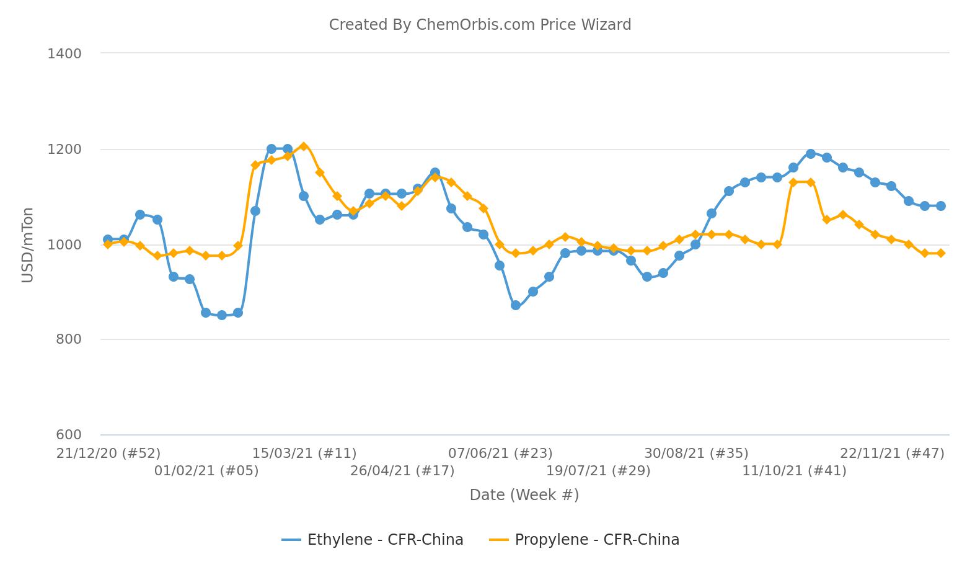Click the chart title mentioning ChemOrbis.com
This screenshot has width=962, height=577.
(x=480, y=25)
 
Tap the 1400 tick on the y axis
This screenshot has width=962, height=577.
(x=64, y=54)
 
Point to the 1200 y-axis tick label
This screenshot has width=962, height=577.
(x=64, y=150)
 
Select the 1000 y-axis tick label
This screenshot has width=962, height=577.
(x=64, y=245)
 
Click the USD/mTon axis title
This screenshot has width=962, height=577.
(x=27, y=245)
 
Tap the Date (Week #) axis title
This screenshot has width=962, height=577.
(x=524, y=495)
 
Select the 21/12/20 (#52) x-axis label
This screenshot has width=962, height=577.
(x=108, y=454)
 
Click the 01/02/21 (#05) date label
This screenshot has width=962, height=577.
(x=206, y=471)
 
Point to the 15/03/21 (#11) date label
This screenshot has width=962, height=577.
(x=304, y=454)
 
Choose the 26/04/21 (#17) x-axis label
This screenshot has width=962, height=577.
(x=402, y=471)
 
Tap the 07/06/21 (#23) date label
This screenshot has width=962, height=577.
(x=500, y=454)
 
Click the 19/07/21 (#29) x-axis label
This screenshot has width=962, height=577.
(x=598, y=471)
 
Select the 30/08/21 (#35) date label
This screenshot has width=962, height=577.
(x=696, y=454)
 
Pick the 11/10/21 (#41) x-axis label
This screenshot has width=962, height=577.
(x=794, y=471)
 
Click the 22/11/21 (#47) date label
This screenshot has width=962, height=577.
(x=892, y=454)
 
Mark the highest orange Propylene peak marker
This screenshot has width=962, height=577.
(x=304, y=146)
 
